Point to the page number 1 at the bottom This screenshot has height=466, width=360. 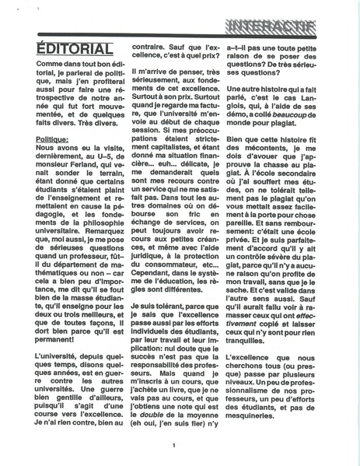[175, 445]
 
